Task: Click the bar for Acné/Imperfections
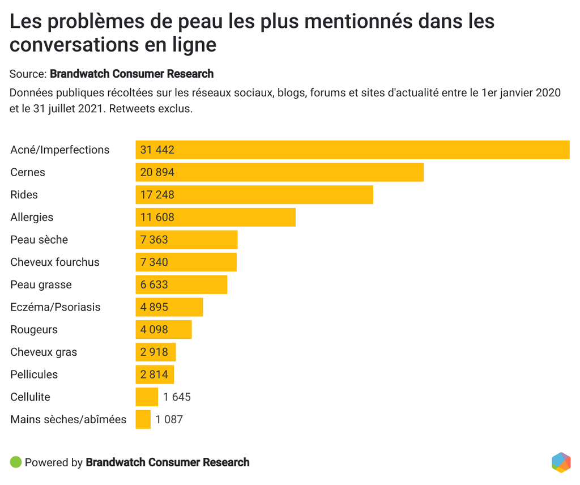coord(352,150)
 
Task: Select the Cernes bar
coord(279,172)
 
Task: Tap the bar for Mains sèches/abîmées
coord(143,420)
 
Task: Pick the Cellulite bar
coord(147,397)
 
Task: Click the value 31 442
coord(157,150)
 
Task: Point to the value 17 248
coord(157,195)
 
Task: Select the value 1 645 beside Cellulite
coord(177,397)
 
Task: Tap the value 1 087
coord(169,420)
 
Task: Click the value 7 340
coord(154,262)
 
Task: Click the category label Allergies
coord(32,217)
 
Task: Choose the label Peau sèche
coord(39,240)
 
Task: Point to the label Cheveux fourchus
coord(54,262)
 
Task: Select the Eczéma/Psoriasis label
coord(55,307)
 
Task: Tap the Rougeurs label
coord(34,330)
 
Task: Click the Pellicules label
coord(34,375)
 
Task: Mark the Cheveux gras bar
coord(156,352)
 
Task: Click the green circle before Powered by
coord(16,462)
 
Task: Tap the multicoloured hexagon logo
coord(561,462)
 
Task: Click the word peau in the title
coord(198,22)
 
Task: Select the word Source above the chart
coord(27,74)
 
